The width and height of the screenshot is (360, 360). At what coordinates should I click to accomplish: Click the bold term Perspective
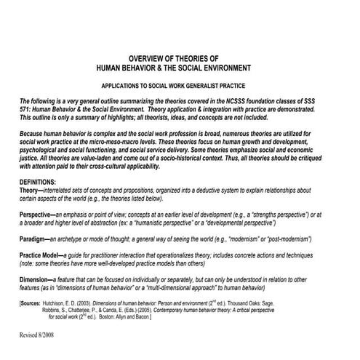tap(39, 215)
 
